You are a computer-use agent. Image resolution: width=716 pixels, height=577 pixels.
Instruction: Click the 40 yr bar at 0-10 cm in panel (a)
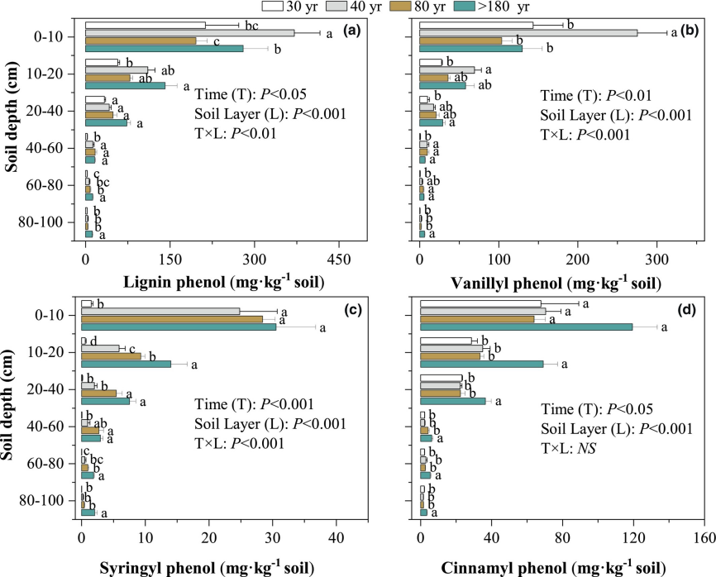(189, 33)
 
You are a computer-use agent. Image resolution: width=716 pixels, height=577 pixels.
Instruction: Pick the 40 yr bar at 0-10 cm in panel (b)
(528, 33)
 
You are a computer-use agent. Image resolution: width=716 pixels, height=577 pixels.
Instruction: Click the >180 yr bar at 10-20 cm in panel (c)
(126, 364)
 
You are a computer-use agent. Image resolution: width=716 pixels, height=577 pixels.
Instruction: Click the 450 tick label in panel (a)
(339, 259)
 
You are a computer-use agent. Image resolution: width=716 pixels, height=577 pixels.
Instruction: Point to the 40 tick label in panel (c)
(336, 537)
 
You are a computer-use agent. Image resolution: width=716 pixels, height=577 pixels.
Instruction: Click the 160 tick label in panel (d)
(704, 537)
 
